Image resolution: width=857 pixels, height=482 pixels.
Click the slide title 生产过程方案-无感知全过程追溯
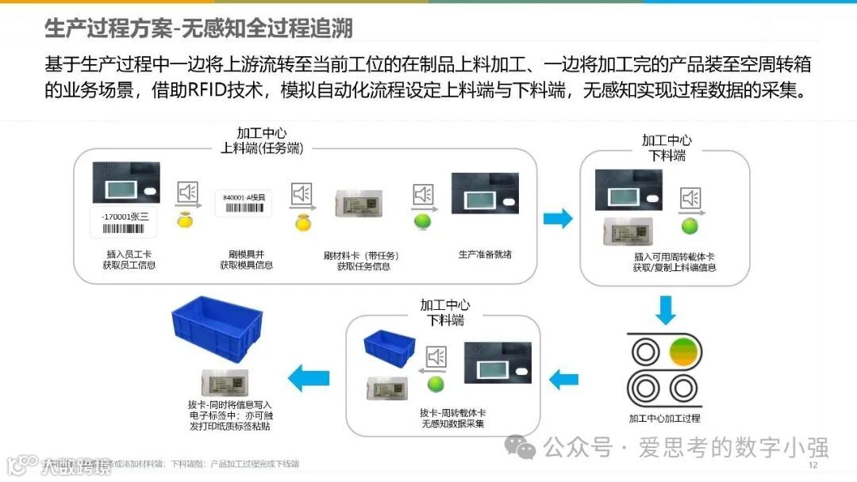click(x=198, y=29)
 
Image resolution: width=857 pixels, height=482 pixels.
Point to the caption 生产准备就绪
click(x=485, y=254)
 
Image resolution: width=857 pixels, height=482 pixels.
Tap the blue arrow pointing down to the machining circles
click(x=666, y=309)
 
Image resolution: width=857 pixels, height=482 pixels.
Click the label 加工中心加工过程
click(x=665, y=418)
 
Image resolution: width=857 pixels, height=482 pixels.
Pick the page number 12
click(x=813, y=465)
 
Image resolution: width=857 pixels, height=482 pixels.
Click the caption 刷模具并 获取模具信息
click(x=246, y=259)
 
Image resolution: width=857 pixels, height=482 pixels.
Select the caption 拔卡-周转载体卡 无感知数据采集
click(x=453, y=419)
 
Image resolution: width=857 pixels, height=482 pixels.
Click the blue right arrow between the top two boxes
click(x=557, y=218)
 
